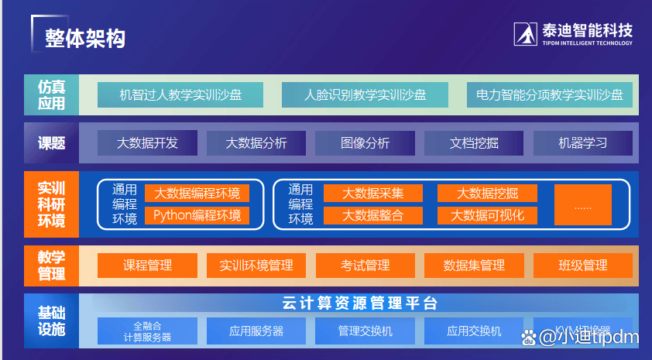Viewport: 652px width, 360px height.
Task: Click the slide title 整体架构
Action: [85, 38]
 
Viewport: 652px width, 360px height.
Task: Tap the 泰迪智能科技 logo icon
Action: [527, 33]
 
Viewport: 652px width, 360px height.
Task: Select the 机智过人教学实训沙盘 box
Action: [180, 95]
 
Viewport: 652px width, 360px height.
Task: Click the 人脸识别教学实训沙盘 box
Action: [365, 95]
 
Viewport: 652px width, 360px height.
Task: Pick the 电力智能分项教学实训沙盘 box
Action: [550, 95]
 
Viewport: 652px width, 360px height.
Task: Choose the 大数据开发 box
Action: [147, 143]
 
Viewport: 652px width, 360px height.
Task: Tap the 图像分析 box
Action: [365, 143]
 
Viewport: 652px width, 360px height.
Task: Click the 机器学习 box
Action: [582, 143]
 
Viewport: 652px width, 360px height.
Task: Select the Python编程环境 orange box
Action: [197, 215]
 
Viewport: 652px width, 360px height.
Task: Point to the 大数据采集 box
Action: [372, 194]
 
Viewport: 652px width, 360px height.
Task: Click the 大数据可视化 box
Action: [488, 215]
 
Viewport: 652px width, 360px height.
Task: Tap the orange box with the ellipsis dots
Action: [582, 205]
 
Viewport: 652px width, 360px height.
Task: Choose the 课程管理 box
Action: [147, 266]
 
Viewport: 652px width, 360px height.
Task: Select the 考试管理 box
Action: [365, 266]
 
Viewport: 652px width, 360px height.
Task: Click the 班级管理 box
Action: [582, 266]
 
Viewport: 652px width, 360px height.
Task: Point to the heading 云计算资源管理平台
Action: [360, 303]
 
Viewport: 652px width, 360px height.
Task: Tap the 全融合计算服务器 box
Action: [147, 331]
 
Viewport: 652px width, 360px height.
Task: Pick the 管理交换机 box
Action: [365, 331]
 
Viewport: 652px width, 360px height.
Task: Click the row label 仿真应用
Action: [52, 95]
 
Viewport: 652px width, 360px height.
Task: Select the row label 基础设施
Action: [52, 321]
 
